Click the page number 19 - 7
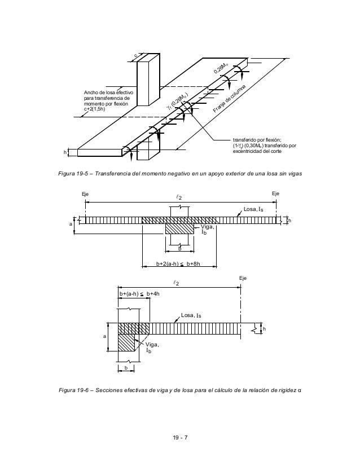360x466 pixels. click(181, 437)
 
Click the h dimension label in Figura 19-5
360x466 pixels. click(65, 152)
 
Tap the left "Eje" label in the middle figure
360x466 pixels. click(85, 194)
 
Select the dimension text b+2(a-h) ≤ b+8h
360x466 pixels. click(179, 263)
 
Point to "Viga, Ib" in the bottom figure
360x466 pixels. click(151, 347)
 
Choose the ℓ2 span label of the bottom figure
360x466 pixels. click(178, 282)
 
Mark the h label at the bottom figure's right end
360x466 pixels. click(264, 328)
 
